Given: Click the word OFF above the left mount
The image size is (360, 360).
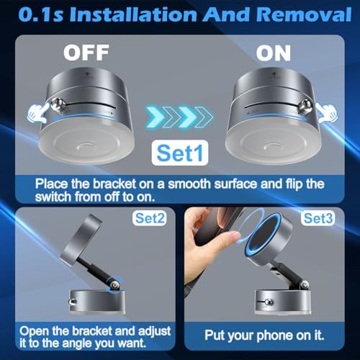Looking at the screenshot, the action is [x=86, y=53].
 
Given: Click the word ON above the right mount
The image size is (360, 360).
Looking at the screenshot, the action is [x=274, y=53].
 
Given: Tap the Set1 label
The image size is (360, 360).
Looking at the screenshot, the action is [x=180, y=153].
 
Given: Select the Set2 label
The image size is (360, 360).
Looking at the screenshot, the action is [x=150, y=218].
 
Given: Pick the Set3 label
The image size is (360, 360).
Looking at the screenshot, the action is [x=318, y=218].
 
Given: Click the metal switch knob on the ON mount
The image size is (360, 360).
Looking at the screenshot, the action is [x=305, y=107].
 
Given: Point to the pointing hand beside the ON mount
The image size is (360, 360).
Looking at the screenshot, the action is [x=327, y=113].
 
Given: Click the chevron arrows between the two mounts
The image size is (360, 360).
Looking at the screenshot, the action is [x=179, y=117].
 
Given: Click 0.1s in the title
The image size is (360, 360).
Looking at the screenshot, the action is [x=41, y=14].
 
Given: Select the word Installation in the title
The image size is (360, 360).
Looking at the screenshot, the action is [x=133, y=14].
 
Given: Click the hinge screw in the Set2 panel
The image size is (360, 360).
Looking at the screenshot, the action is [x=114, y=285].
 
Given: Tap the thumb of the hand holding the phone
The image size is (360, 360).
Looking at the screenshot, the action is [x=228, y=239].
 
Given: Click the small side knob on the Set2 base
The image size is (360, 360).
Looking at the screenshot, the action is [x=72, y=302].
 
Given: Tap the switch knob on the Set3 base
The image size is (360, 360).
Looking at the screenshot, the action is [x=269, y=302].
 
